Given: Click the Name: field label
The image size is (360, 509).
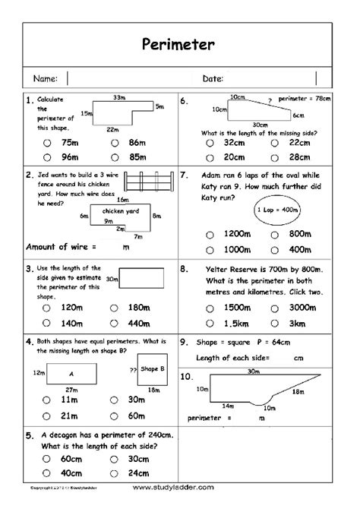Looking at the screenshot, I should (45, 78).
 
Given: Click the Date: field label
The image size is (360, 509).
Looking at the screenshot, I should (212, 78).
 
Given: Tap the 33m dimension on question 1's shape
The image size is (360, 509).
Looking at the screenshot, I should (118, 98).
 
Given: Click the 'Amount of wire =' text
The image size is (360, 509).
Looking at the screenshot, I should (62, 246).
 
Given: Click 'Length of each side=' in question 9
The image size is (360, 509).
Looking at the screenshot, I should (235, 358).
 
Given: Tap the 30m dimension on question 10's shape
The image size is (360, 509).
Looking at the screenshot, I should (251, 371).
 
